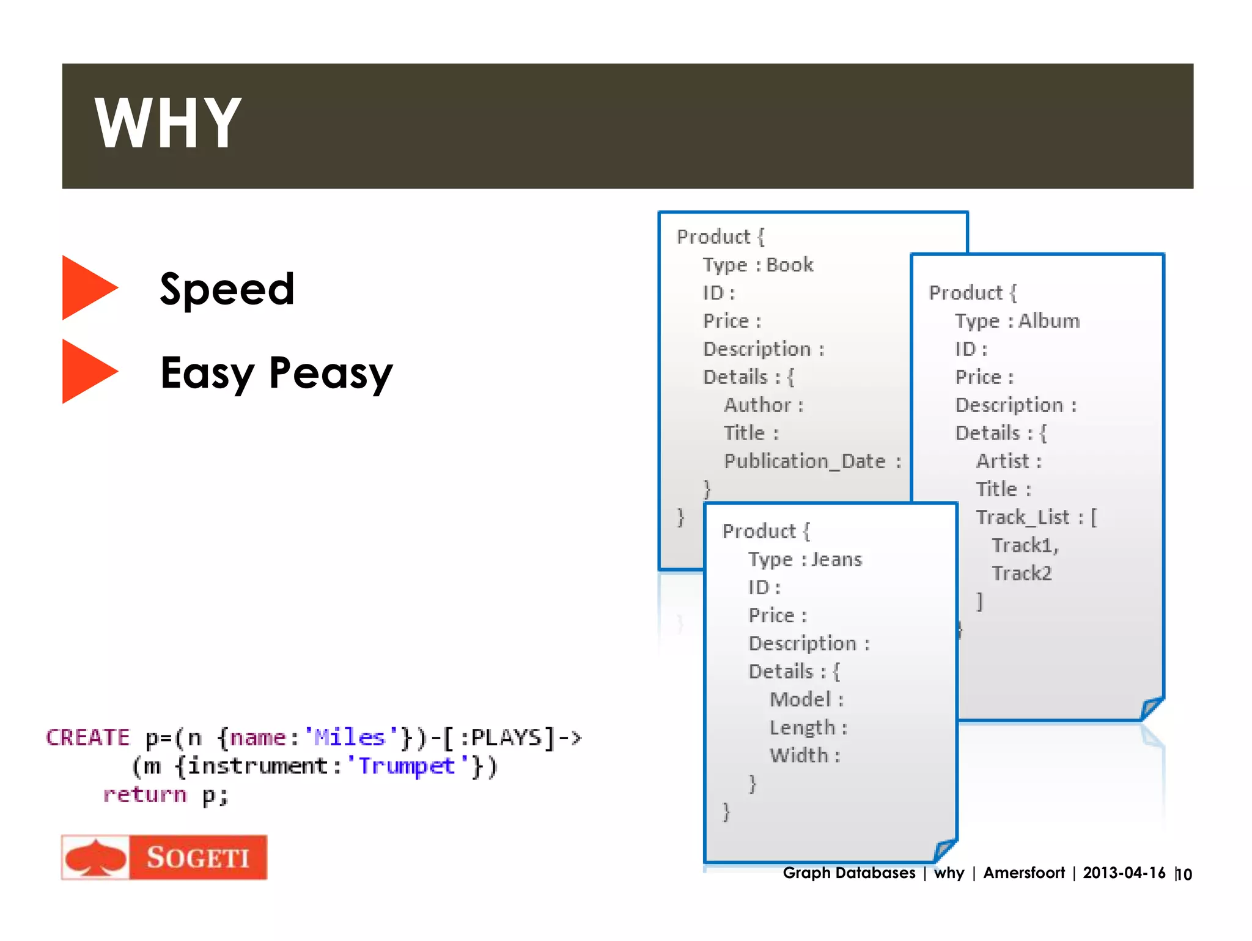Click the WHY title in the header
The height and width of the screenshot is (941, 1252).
click(168, 124)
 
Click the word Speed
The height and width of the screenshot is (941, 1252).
click(227, 289)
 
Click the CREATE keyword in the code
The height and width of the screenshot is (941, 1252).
click(88, 737)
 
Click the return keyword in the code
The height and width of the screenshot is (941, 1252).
click(145, 794)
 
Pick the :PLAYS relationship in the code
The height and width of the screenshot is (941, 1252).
click(501, 737)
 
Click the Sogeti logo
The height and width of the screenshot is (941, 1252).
click(164, 857)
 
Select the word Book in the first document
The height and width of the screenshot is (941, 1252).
click(790, 265)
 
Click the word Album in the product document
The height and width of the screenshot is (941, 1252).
click(1049, 321)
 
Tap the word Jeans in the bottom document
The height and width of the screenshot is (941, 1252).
click(836, 559)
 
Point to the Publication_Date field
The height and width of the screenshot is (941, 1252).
click(805, 461)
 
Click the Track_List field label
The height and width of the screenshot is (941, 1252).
click(1023, 517)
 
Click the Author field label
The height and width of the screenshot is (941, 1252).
click(757, 405)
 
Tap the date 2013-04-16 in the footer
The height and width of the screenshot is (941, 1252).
click(1124, 873)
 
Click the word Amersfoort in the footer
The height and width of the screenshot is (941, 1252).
click(1024, 873)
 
